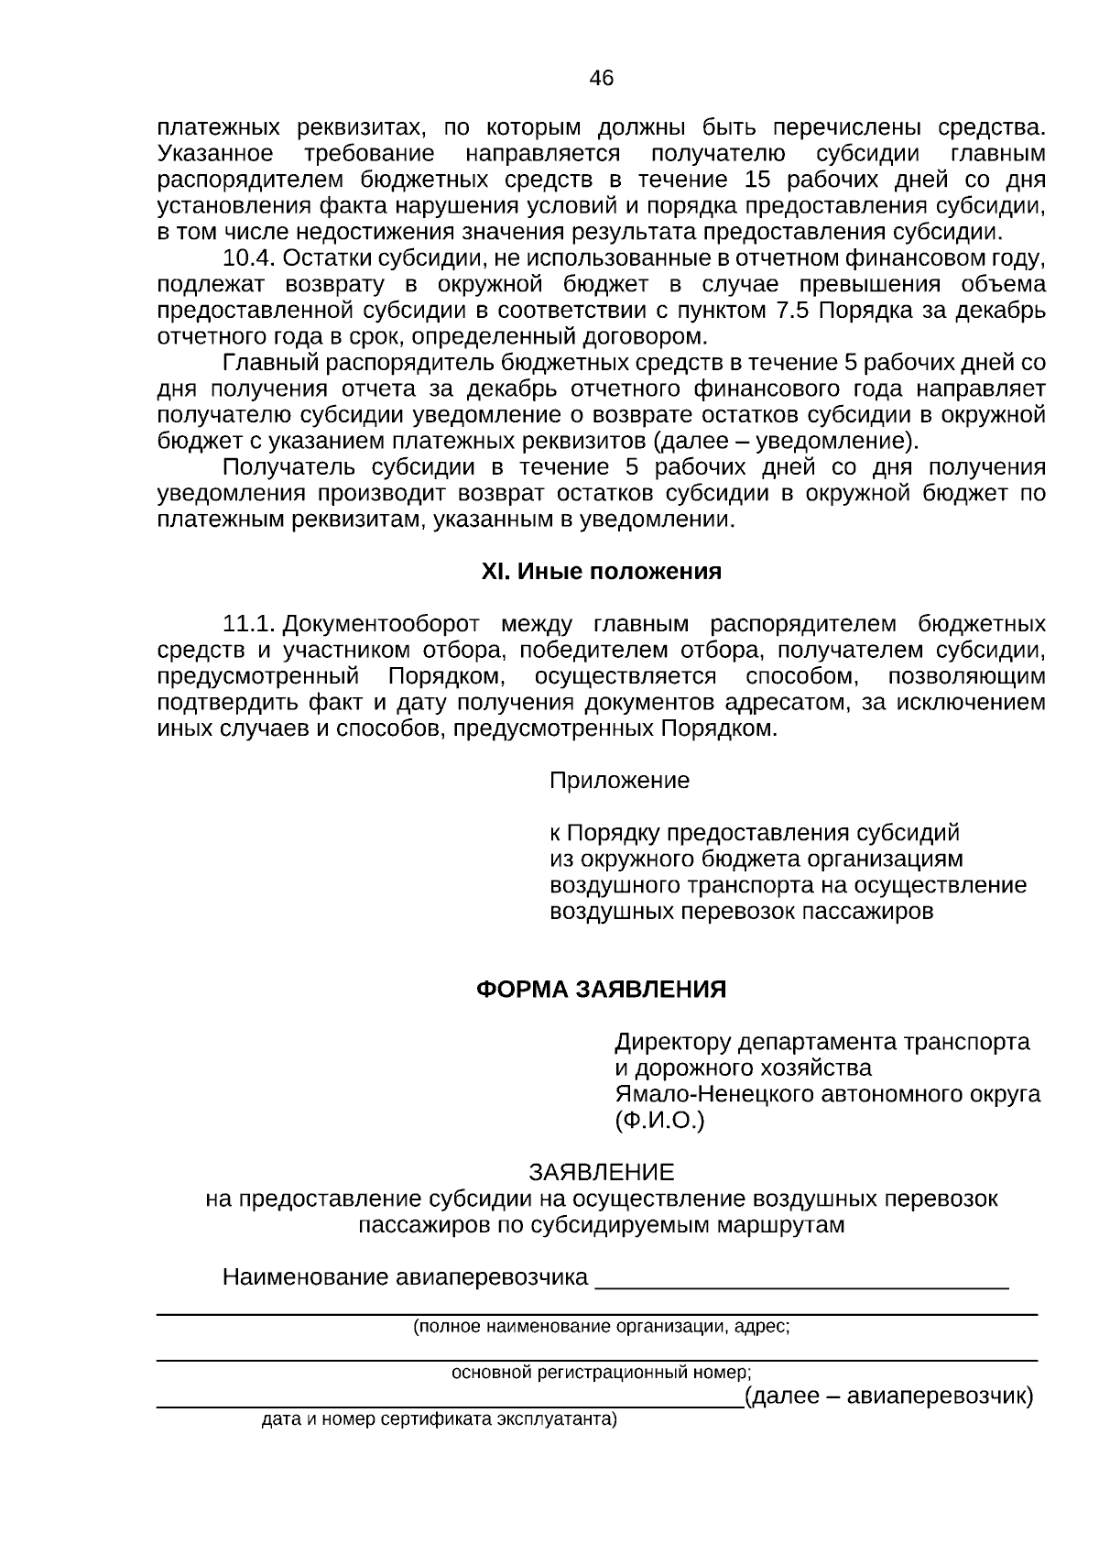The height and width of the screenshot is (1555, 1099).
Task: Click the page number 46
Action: pos(601,79)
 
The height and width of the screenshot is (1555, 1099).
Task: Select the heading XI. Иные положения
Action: pos(601,572)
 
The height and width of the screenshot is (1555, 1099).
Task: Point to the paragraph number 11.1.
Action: pos(249,625)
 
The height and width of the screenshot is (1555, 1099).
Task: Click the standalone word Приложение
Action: pos(619,781)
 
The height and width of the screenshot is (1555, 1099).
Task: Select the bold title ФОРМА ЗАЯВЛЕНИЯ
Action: pos(601,990)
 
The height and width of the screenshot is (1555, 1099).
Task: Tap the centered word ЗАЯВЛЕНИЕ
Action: pos(601,1172)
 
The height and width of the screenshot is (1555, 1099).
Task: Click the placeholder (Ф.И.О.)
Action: pos(658,1120)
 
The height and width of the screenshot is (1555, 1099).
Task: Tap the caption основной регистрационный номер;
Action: pos(601,1373)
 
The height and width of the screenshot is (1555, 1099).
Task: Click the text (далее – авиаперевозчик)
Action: pos(888,1396)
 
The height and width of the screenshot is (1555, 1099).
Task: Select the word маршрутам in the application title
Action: pos(789,1224)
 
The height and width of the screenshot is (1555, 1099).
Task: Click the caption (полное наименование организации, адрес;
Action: pos(601,1326)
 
